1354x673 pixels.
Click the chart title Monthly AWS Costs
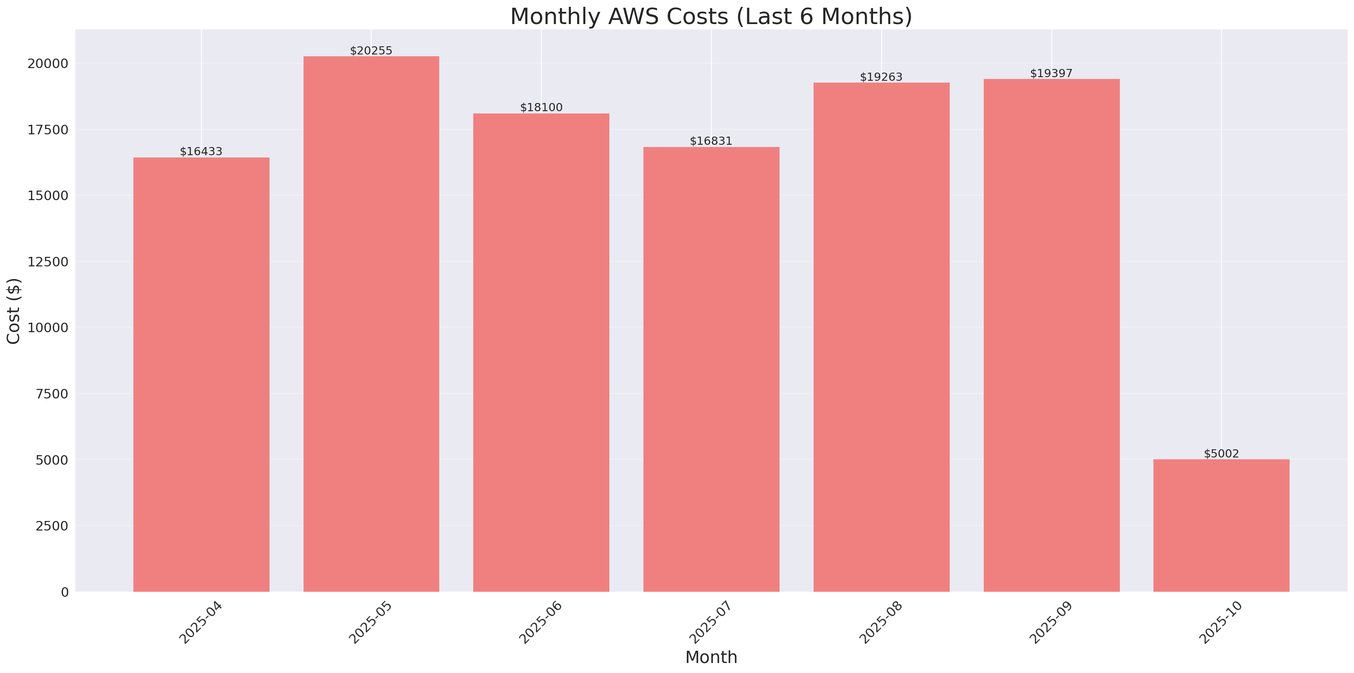pos(711,16)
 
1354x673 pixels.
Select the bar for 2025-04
pos(201,374)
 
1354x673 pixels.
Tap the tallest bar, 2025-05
pos(371,324)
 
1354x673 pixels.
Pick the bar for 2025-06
pos(541,352)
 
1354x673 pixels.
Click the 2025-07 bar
pos(711,369)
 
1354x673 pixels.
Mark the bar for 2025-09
pos(1051,335)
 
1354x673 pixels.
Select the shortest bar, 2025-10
pos(1221,525)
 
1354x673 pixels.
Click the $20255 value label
pos(371,50)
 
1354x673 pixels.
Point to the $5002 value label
pos(1221,453)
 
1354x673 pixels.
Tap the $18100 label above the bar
pos(541,107)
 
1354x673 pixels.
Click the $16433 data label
pos(201,152)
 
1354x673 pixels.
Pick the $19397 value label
pos(1051,73)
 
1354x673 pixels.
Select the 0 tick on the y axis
pos(64,593)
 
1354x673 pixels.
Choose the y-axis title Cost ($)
pos(14,311)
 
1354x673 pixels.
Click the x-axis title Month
pos(711,657)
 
